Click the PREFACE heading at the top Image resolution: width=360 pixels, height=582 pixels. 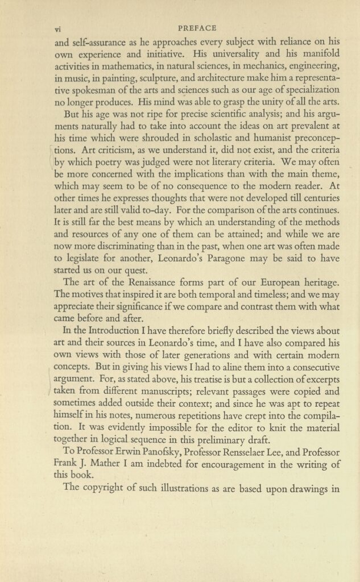point(197,27)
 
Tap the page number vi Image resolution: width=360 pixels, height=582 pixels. point(57,28)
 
